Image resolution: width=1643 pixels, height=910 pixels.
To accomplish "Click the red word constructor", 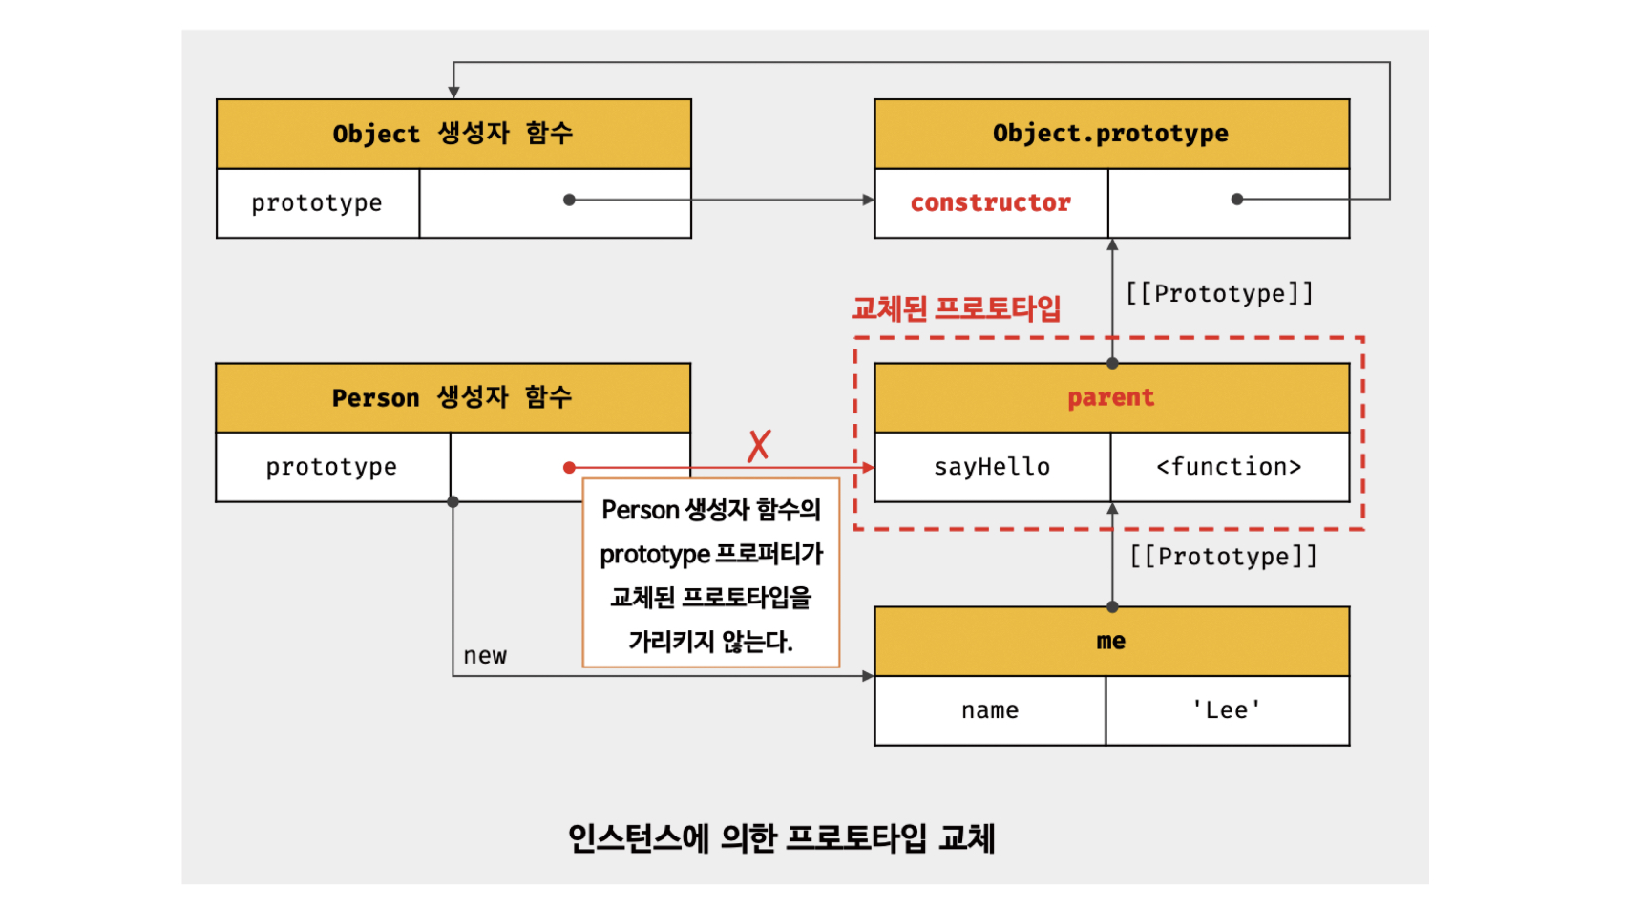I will click(990, 202).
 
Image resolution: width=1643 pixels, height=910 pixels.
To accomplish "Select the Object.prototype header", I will click(1110, 134).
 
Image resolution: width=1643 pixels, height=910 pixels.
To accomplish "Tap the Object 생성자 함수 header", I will click(453, 134).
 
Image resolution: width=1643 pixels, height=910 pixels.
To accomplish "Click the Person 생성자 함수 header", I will click(452, 397).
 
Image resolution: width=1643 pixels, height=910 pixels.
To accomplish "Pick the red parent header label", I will click(1110, 397).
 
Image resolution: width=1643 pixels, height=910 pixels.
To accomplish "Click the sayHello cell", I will click(991, 467).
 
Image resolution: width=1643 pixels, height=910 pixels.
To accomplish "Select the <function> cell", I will click(1229, 467).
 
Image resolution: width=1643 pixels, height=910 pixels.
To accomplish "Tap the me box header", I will click(1110, 641).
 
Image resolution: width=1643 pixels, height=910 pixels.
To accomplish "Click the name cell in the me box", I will click(989, 710).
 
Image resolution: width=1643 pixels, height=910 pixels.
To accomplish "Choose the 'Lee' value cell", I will click(1227, 710).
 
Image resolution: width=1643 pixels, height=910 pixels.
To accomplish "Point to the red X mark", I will click(759, 445).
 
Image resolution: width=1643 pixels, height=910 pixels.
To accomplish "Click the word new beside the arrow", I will click(485, 656).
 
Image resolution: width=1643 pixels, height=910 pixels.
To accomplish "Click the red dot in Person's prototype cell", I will click(569, 467).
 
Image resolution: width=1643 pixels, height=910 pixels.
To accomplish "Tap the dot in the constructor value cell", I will click(1237, 199).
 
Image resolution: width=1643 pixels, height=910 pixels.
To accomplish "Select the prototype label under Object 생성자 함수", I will click(316, 203).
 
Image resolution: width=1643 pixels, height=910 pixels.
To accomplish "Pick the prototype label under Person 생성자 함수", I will click(331, 467).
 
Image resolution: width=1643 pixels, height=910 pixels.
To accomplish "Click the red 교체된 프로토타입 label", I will click(956, 308).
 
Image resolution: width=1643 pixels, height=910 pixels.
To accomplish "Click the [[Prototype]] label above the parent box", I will click(1219, 293).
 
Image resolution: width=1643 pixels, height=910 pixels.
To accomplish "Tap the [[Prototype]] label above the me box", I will click(1223, 557).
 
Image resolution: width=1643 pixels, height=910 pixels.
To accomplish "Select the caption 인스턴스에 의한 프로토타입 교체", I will click(781, 838).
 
